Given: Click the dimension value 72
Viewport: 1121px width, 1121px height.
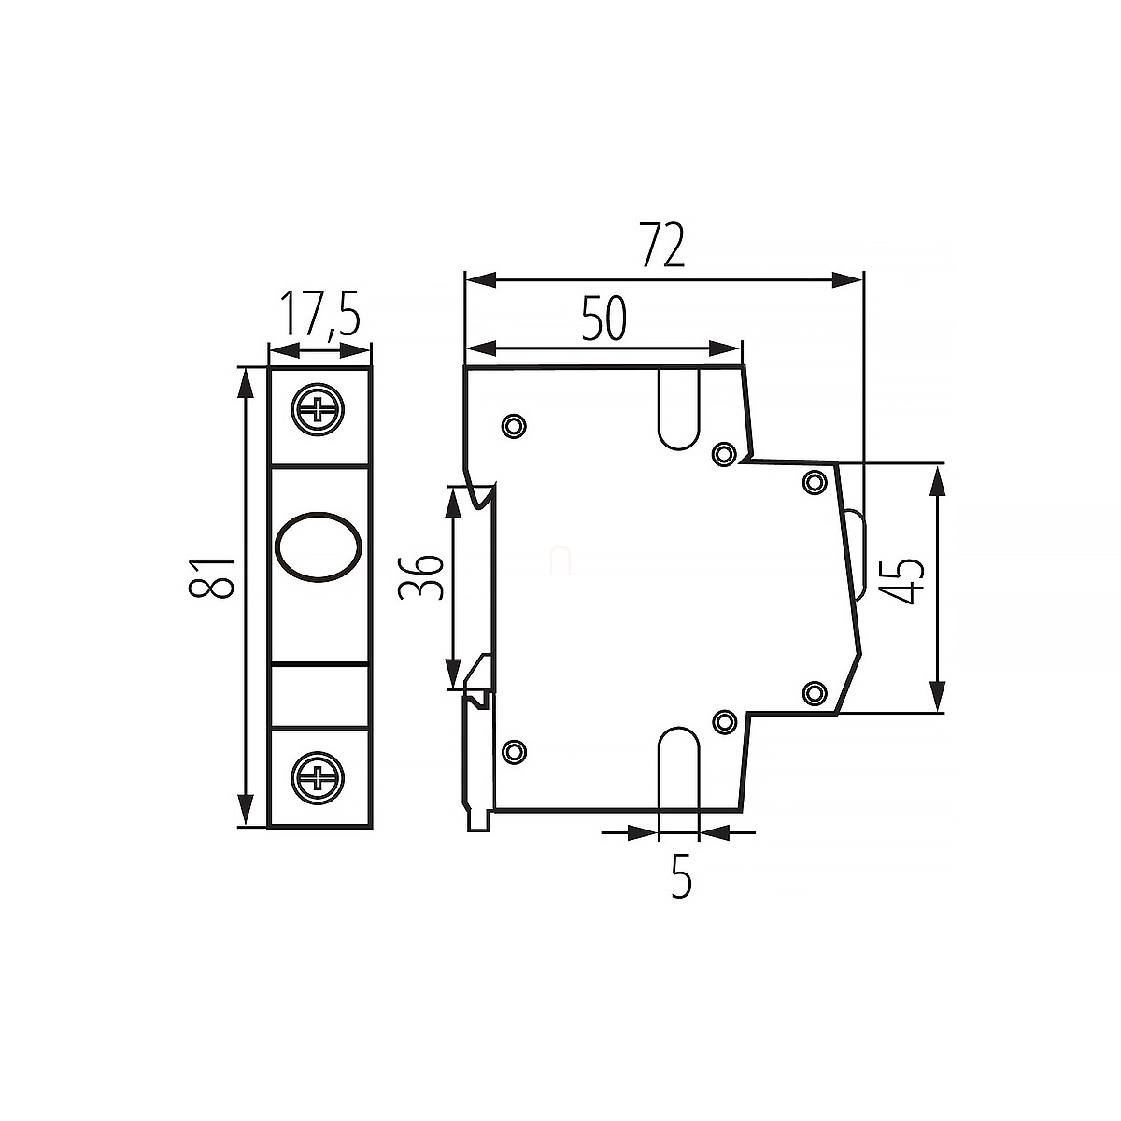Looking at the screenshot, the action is [661, 245].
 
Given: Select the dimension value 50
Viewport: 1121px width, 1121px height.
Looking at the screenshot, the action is [604, 319].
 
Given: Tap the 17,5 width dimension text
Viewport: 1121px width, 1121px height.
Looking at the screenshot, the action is [320, 314].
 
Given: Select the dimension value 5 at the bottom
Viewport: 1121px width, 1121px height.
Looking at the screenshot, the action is [681, 875].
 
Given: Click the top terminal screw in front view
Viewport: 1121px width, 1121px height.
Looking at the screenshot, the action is [318, 409].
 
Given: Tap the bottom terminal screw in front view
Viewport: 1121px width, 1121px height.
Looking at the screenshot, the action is [318, 778].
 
